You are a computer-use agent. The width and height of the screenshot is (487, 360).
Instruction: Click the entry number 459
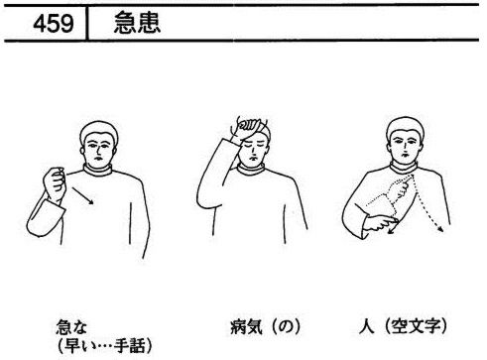(x=54, y=24)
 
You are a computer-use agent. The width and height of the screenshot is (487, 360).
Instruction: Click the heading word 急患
(x=137, y=23)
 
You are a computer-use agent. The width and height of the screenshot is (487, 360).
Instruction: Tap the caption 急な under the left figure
(x=71, y=326)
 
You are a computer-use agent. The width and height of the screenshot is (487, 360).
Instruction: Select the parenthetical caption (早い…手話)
(x=104, y=346)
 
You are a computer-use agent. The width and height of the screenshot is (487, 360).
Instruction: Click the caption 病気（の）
(x=266, y=326)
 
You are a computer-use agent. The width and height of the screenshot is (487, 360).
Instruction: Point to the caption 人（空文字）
(x=403, y=326)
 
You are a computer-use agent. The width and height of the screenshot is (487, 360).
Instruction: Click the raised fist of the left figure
(x=55, y=182)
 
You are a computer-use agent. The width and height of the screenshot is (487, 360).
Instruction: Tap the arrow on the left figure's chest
(x=83, y=196)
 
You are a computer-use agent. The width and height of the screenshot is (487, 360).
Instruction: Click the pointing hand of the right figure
(x=380, y=224)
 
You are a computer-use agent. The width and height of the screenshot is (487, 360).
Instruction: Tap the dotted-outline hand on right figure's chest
(x=399, y=189)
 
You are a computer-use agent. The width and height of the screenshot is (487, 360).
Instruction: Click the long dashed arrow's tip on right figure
(x=442, y=230)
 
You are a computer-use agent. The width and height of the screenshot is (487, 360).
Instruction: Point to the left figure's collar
(x=97, y=170)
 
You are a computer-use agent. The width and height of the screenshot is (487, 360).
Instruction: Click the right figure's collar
(x=404, y=167)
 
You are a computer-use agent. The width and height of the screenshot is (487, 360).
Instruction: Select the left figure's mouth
(x=97, y=157)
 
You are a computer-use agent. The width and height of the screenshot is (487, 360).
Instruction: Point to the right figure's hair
(x=405, y=126)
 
